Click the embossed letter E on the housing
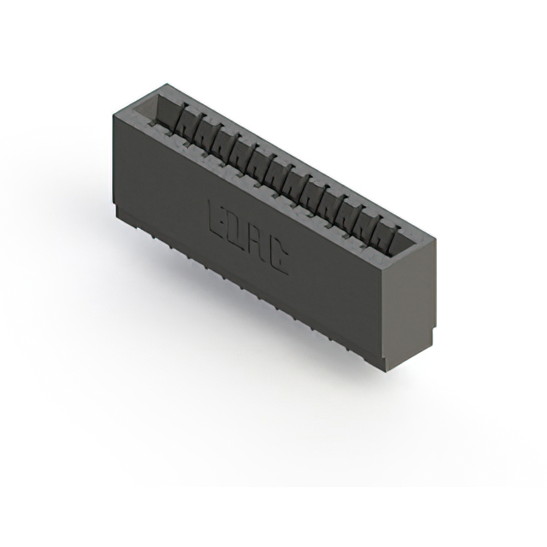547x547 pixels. (x=215, y=219)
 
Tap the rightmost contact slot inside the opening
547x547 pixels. (x=395, y=238)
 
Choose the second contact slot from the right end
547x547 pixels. (x=377, y=228)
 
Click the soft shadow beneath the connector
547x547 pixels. (x=282, y=359)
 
